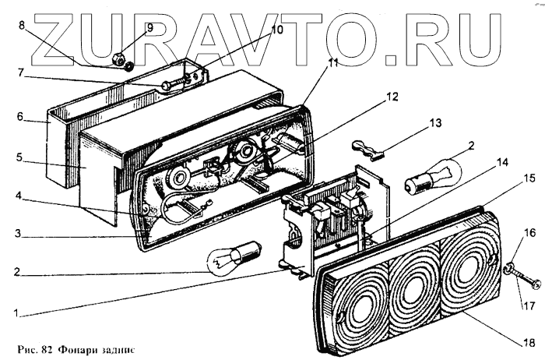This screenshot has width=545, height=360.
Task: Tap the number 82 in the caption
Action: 45,346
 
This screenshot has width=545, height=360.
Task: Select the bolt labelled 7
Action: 175,84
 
